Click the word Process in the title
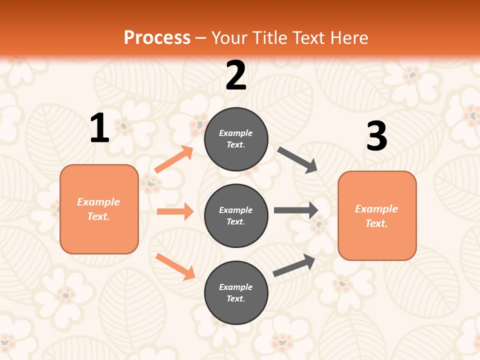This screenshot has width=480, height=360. pos(157,38)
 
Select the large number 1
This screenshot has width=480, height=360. pos(99,128)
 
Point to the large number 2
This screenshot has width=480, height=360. pos(236,75)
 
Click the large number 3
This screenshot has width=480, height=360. pos(376,136)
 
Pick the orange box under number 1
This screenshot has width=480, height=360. pos(99,209)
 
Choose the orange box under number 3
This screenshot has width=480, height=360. pos(377,216)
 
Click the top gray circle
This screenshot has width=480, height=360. pos(236,139)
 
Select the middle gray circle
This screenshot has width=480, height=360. pos(236,216)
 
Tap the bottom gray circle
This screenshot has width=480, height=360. pos(236,293)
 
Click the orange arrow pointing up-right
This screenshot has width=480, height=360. pos(174,159)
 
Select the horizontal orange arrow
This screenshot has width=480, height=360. pos(175,211)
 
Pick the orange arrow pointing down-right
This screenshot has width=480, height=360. pos(175,266)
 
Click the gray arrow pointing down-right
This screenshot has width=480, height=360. pos(297,160)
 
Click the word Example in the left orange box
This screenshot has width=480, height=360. pos(98,202)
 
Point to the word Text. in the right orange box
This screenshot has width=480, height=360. pos(376,223)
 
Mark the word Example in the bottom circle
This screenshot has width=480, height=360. pos(236,287)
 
